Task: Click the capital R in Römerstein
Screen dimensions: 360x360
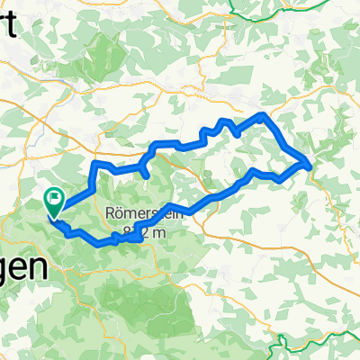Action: coord(111,216)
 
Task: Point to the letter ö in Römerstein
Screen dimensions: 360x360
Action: coord(120,216)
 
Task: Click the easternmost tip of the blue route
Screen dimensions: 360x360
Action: coord(311,165)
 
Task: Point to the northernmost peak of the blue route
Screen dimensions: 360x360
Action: coord(261,115)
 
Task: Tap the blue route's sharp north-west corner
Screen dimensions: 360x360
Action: coord(94,163)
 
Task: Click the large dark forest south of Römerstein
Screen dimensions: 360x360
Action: coord(153,297)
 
